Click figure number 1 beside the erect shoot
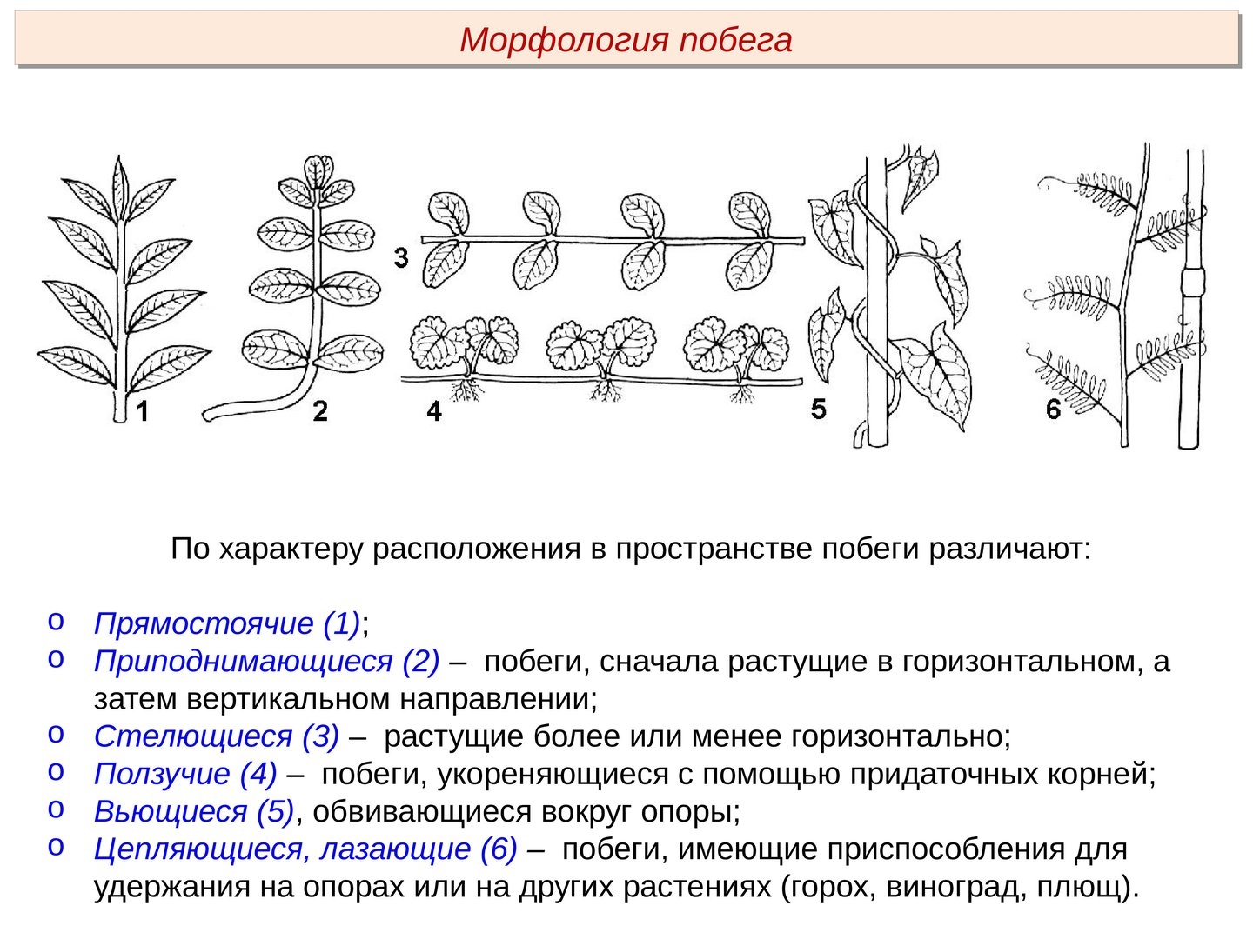[142, 410]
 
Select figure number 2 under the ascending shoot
[320, 411]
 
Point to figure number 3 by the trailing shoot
[400, 258]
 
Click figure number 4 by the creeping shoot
[434, 411]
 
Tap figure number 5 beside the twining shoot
[818, 409]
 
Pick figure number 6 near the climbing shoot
[1053, 409]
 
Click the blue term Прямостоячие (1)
[227, 623]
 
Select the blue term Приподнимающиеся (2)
[266, 662]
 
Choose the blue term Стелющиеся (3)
[216, 736]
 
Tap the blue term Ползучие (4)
[184, 774]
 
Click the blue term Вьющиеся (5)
[194, 811]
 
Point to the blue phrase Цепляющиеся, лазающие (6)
[305, 849]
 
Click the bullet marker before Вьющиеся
[56, 809]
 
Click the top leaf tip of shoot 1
[119, 157]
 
